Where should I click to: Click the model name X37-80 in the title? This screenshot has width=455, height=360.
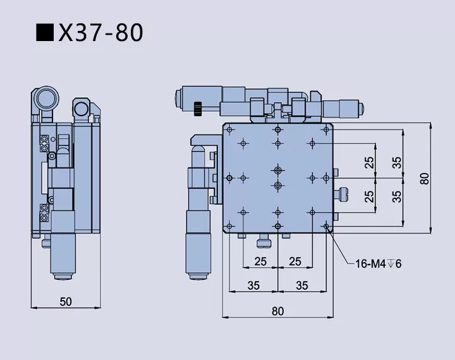tap(101, 32)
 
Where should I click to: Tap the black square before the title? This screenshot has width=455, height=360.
tap(44, 32)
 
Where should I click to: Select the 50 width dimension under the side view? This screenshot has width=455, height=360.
tap(66, 301)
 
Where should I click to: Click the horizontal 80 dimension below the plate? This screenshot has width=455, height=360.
tap(278, 310)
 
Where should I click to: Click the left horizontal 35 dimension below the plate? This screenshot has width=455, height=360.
tap(253, 285)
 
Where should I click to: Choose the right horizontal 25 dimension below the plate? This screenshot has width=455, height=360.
tap(294, 261)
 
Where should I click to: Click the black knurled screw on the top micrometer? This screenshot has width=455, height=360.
tap(198, 108)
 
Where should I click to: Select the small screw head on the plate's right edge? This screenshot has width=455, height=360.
tap(344, 193)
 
